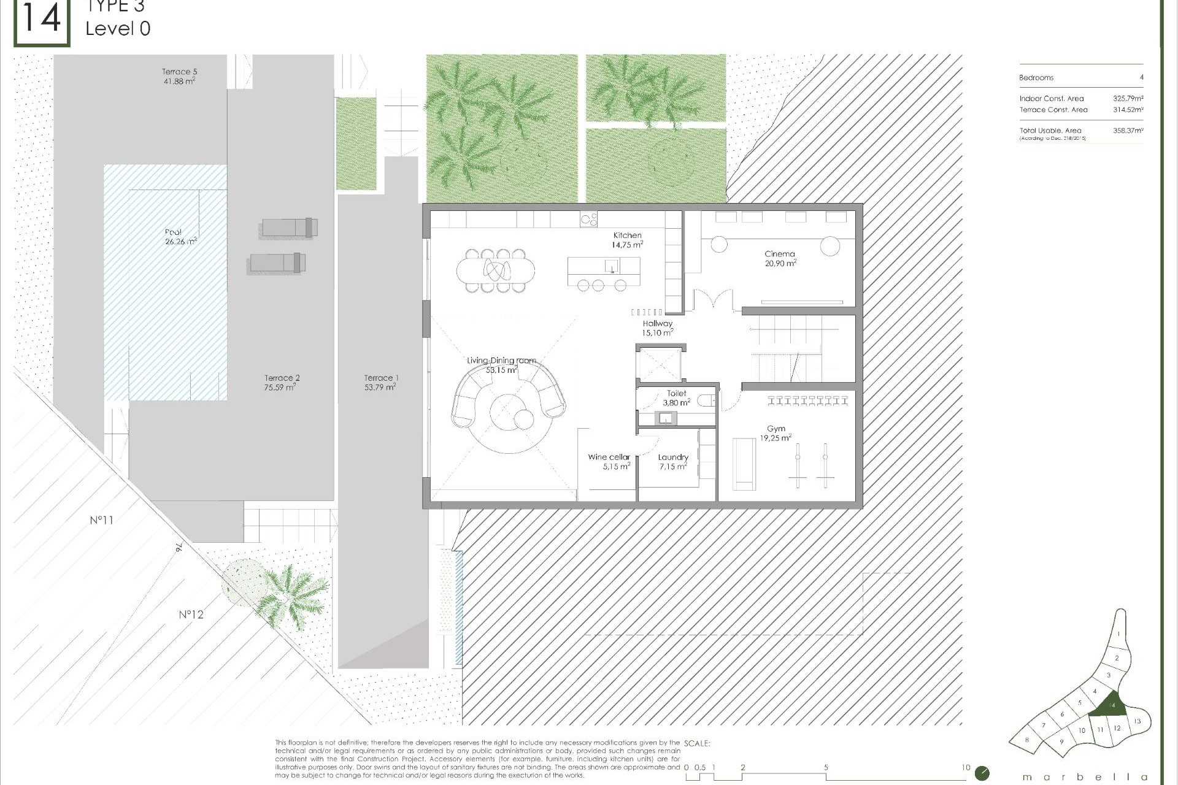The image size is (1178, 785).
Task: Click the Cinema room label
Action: (x=780, y=258)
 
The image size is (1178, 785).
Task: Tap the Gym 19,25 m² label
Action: (x=776, y=434)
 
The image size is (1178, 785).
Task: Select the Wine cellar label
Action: (x=609, y=461)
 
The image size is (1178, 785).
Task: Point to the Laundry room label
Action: (x=673, y=461)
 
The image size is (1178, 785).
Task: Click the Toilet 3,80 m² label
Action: (x=676, y=398)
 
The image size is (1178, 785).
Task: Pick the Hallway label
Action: (x=657, y=327)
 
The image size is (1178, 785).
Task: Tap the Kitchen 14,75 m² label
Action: (x=627, y=239)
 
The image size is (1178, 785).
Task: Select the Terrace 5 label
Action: (x=179, y=76)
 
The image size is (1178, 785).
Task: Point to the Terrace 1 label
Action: (x=380, y=382)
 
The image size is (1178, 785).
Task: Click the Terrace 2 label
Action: (x=282, y=382)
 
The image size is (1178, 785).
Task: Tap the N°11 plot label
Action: (x=102, y=520)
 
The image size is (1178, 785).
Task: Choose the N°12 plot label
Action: (x=191, y=614)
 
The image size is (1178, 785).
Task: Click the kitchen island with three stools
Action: (x=604, y=267)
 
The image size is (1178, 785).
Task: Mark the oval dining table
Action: (x=495, y=269)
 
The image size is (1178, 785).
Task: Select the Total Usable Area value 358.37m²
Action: (x=1128, y=131)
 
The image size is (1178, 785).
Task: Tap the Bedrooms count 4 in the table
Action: (x=1141, y=78)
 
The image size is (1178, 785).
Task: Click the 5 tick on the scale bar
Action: (x=826, y=768)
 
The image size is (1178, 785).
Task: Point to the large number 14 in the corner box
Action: (x=42, y=20)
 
